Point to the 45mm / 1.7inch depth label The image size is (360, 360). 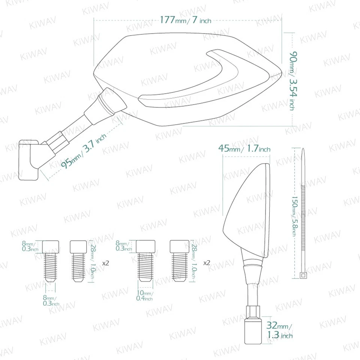[244, 149]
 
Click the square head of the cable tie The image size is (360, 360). [303, 276]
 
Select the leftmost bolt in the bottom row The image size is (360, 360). [51, 260]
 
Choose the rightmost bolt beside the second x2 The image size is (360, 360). [179, 260]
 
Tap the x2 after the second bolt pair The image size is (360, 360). [206, 263]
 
